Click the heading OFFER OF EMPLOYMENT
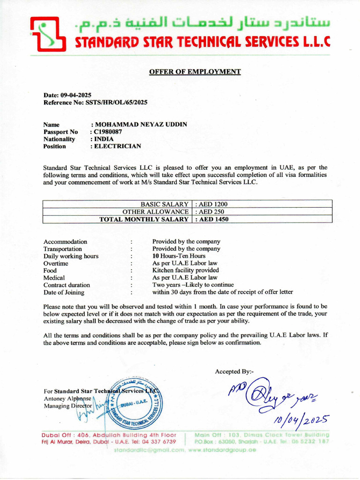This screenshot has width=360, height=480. [x=195, y=72]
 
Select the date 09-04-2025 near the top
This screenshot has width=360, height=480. [x=76, y=95]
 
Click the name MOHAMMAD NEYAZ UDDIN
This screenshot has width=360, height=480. [x=140, y=124]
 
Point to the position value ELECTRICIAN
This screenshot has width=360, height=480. [x=117, y=146]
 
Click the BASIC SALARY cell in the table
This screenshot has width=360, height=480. [x=165, y=204]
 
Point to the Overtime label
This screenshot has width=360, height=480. [x=56, y=263]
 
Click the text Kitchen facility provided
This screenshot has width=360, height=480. [x=186, y=270]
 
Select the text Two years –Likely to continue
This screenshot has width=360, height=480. [x=193, y=285]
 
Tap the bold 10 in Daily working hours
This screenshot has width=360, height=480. [x=156, y=256]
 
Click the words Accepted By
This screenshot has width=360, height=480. [x=234, y=372]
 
